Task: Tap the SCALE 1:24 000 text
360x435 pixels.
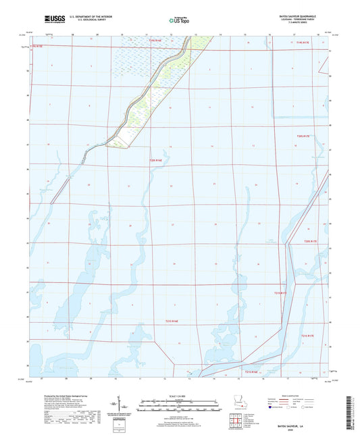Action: point(180,396)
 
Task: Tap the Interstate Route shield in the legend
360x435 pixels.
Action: point(274,408)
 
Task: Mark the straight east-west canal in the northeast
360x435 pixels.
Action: point(270,47)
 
